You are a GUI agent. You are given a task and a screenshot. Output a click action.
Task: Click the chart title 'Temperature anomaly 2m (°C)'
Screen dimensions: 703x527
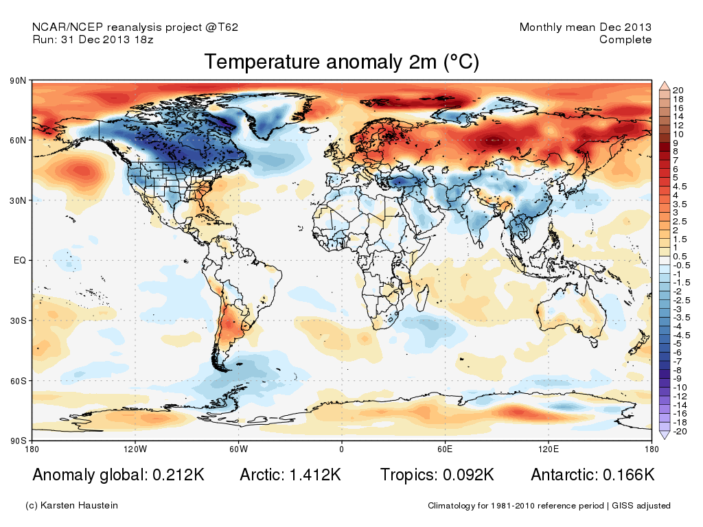pos(342,62)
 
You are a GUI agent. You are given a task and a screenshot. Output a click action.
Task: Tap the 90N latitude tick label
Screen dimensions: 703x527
pos(18,81)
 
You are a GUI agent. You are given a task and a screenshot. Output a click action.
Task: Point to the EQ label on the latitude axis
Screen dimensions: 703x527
pos(20,260)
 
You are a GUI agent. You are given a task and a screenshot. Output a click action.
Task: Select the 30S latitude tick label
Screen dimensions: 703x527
pos(19,321)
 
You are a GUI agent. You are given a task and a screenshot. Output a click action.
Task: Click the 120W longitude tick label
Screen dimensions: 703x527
pos(135,449)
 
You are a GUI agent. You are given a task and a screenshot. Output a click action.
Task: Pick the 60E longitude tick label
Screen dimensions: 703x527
pos(445,449)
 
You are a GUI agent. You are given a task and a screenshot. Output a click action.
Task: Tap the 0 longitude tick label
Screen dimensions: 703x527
pos(342,449)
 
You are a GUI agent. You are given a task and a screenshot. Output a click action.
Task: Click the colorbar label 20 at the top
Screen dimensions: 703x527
pos(678,91)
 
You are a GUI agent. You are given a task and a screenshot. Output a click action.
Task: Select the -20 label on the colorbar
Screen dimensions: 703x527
pos(680,432)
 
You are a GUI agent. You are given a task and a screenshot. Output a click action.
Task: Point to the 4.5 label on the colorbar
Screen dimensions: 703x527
pos(680,187)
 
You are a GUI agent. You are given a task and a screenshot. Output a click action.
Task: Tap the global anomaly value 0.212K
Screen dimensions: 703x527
pos(178,475)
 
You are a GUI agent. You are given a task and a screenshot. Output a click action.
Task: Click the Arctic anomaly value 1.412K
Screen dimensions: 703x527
pos(315,475)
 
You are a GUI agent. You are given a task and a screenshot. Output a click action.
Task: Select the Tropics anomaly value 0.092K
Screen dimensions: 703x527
pos(468,475)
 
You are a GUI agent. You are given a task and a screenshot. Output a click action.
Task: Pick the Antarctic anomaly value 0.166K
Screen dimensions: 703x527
pos(629,475)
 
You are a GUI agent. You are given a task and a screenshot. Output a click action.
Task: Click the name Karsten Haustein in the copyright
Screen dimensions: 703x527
pos(79,506)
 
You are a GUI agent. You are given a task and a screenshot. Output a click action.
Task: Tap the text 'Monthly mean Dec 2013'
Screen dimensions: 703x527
pos(586,27)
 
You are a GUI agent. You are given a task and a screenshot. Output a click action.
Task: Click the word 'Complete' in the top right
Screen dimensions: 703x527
pos(625,40)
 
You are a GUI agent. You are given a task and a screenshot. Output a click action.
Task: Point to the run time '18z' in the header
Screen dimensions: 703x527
pos(144,40)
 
